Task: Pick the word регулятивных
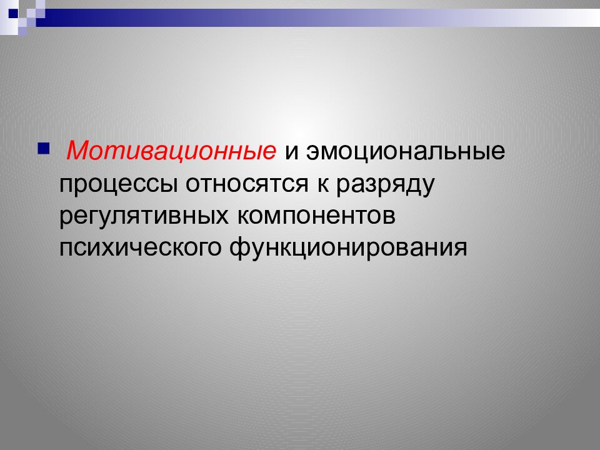pos(144,216)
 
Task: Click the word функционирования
pos(350,247)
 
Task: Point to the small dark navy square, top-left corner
pos(12,12)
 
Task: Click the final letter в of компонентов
pos(390,216)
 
